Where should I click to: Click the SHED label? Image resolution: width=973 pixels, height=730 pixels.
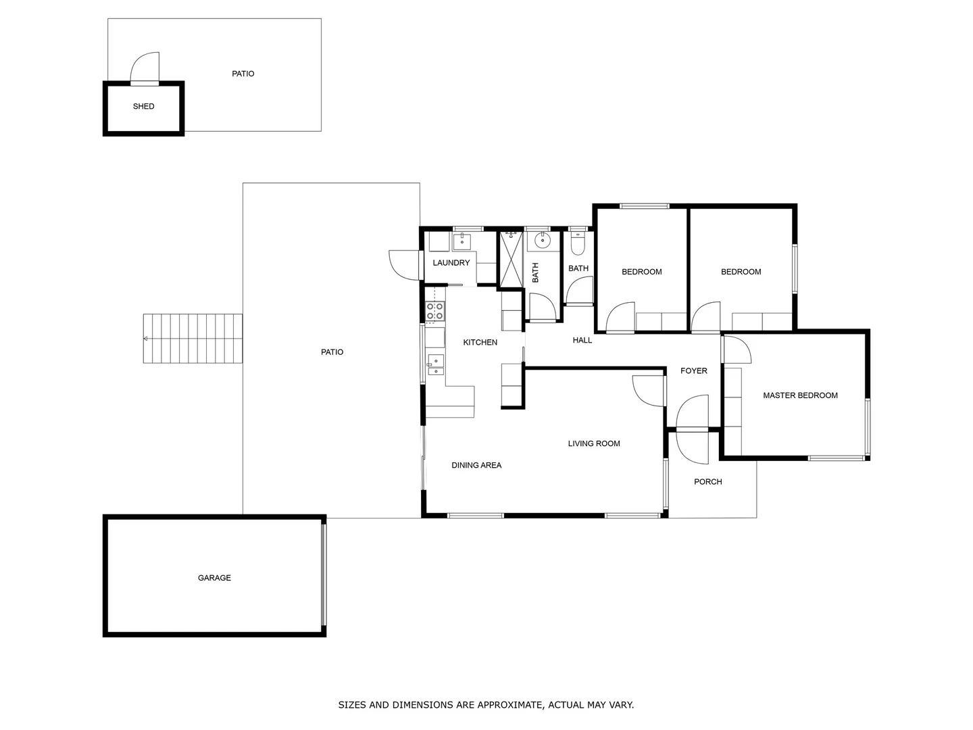[143, 106]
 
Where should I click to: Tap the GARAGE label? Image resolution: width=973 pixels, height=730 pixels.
[214, 578]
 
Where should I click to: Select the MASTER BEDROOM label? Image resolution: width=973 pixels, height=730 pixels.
[800, 395]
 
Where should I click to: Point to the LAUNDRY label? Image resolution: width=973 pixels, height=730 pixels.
[451, 263]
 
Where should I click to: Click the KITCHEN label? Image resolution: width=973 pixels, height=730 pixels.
[480, 343]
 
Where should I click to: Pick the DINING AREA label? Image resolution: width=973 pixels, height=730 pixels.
[476, 465]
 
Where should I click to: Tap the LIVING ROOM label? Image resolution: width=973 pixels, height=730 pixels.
[593, 444]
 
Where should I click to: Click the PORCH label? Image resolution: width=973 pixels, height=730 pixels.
[707, 482]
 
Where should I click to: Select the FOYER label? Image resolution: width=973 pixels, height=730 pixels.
[693, 371]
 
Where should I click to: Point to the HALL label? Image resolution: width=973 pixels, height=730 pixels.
[582, 340]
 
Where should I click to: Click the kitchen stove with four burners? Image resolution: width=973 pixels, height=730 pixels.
[435, 311]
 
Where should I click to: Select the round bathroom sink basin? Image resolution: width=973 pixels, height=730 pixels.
[543, 240]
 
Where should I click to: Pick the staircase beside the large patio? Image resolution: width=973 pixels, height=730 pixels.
[193, 338]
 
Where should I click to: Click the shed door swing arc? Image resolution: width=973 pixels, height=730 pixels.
[145, 68]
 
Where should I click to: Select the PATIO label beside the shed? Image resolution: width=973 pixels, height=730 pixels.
[243, 74]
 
